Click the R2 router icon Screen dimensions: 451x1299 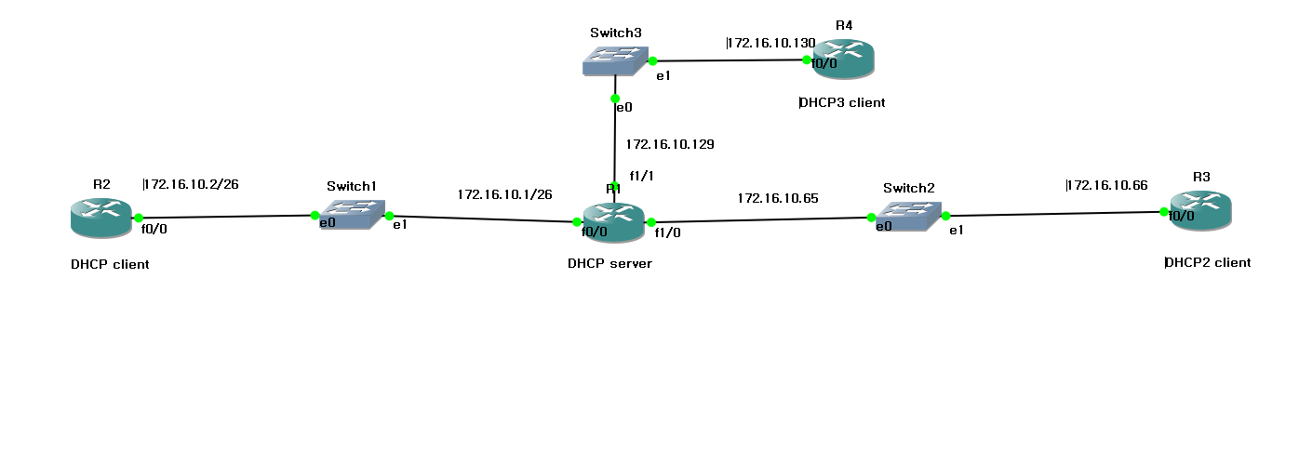click(x=100, y=216)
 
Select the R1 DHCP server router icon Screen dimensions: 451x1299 click(x=613, y=219)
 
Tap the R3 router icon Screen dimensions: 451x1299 click(x=1200, y=208)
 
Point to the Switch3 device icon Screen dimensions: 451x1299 click(x=613, y=60)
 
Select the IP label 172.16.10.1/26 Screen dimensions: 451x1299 click(x=504, y=195)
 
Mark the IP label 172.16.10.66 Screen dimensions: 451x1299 click(x=1106, y=185)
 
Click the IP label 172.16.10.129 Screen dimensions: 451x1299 click(x=669, y=144)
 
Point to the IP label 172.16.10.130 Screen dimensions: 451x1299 click(x=770, y=43)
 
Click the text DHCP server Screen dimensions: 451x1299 click(x=609, y=263)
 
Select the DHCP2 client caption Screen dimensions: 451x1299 click(x=1207, y=262)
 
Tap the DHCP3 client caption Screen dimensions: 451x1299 click(x=842, y=102)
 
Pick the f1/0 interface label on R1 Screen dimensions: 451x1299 click(x=667, y=233)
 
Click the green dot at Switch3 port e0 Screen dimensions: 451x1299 click(x=615, y=98)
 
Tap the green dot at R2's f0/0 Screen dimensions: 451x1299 click(x=136, y=218)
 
